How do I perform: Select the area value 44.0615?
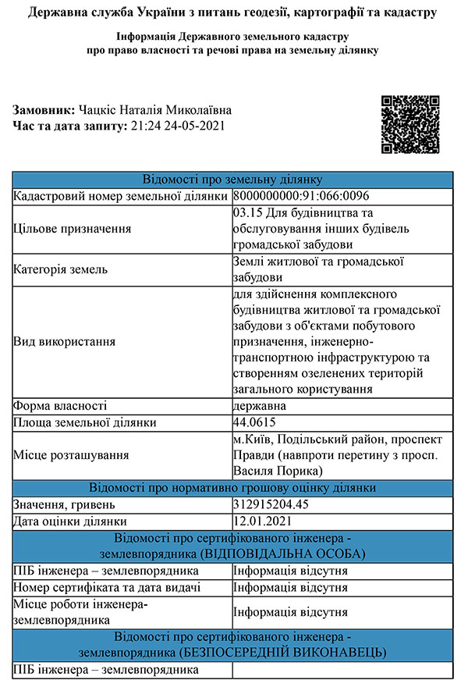pyautogui.click(x=254, y=422)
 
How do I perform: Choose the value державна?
pyautogui.click(x=260, y=406)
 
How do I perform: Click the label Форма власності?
pyautogui.click(x=60, y=406)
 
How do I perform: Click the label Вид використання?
pyautogui.click(x=65, y=341)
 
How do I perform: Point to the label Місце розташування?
pyautogui.click(x=71, y=455)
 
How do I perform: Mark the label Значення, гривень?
pyautogui.click(x=62, y=504)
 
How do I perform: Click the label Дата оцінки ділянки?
pyautogui.click(x=69, y=521)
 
